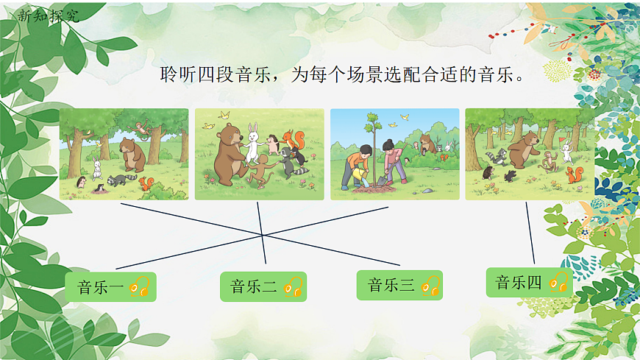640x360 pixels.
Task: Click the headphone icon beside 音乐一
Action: tap(141, 286)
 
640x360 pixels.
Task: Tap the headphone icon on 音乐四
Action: tap(558, 282)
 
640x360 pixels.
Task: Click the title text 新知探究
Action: tap(47, 15)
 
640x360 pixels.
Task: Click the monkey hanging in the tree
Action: tap(143, 131)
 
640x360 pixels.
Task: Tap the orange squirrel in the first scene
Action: tap(147, 183)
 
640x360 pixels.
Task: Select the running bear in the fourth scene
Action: tap(524, 151)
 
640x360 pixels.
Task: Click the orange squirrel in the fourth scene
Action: tap(572, 174)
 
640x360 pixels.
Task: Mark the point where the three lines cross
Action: tap(263, 235)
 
